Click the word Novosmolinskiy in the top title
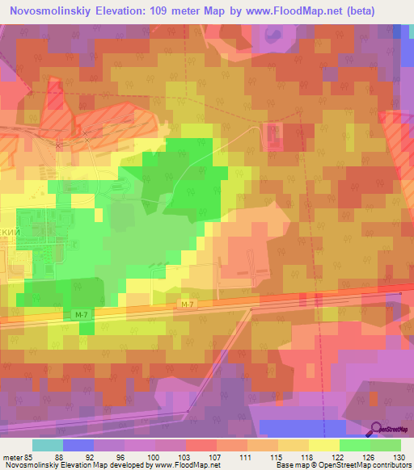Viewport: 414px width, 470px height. [x=50, y=10]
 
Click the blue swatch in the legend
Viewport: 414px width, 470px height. [x=78, y=445]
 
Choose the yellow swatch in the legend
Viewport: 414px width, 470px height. [x=323, y=445]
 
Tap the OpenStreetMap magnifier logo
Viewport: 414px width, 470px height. [x=378, y=430]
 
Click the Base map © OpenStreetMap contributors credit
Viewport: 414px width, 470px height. [x=342, y=464]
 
